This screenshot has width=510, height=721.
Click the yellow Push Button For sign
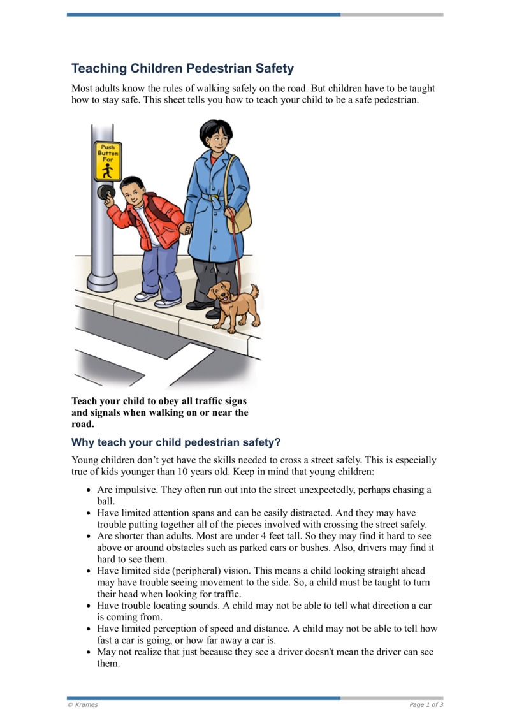pyautogui.click(x=107, y=162)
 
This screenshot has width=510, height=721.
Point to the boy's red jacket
pyautogui.click(x=153, y=220)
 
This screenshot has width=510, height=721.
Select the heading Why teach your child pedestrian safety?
pyautogui.click(x=176, y=442)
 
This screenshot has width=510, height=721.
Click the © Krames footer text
pyautogui.click(x=83, y=704)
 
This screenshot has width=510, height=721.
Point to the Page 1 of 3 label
pyautogui.click(x=426, y=704)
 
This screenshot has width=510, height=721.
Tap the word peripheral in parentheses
pyautogui.click(x=191, y=571)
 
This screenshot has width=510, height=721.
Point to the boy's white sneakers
pyautogui.click(x=156, y=299)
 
